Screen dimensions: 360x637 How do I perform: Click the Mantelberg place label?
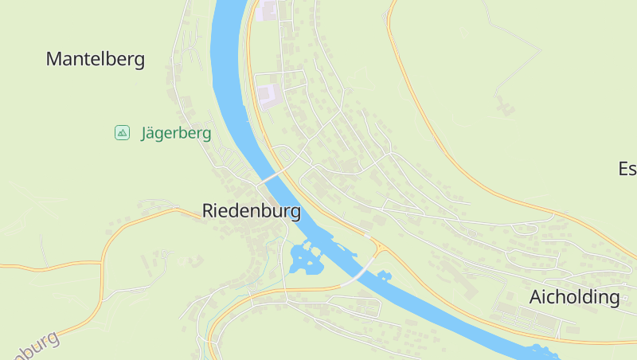96,59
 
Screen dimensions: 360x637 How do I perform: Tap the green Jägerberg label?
176,133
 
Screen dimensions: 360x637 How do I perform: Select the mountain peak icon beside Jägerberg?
122,133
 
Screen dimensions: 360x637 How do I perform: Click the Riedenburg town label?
252,211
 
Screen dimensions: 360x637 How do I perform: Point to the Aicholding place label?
575,298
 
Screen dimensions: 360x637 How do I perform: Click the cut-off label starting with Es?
627,169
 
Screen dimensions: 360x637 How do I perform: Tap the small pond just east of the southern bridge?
385,276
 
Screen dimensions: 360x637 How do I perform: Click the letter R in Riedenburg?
209,211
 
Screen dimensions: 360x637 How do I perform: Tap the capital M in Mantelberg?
54,59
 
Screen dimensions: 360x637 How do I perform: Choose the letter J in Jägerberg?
145,133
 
